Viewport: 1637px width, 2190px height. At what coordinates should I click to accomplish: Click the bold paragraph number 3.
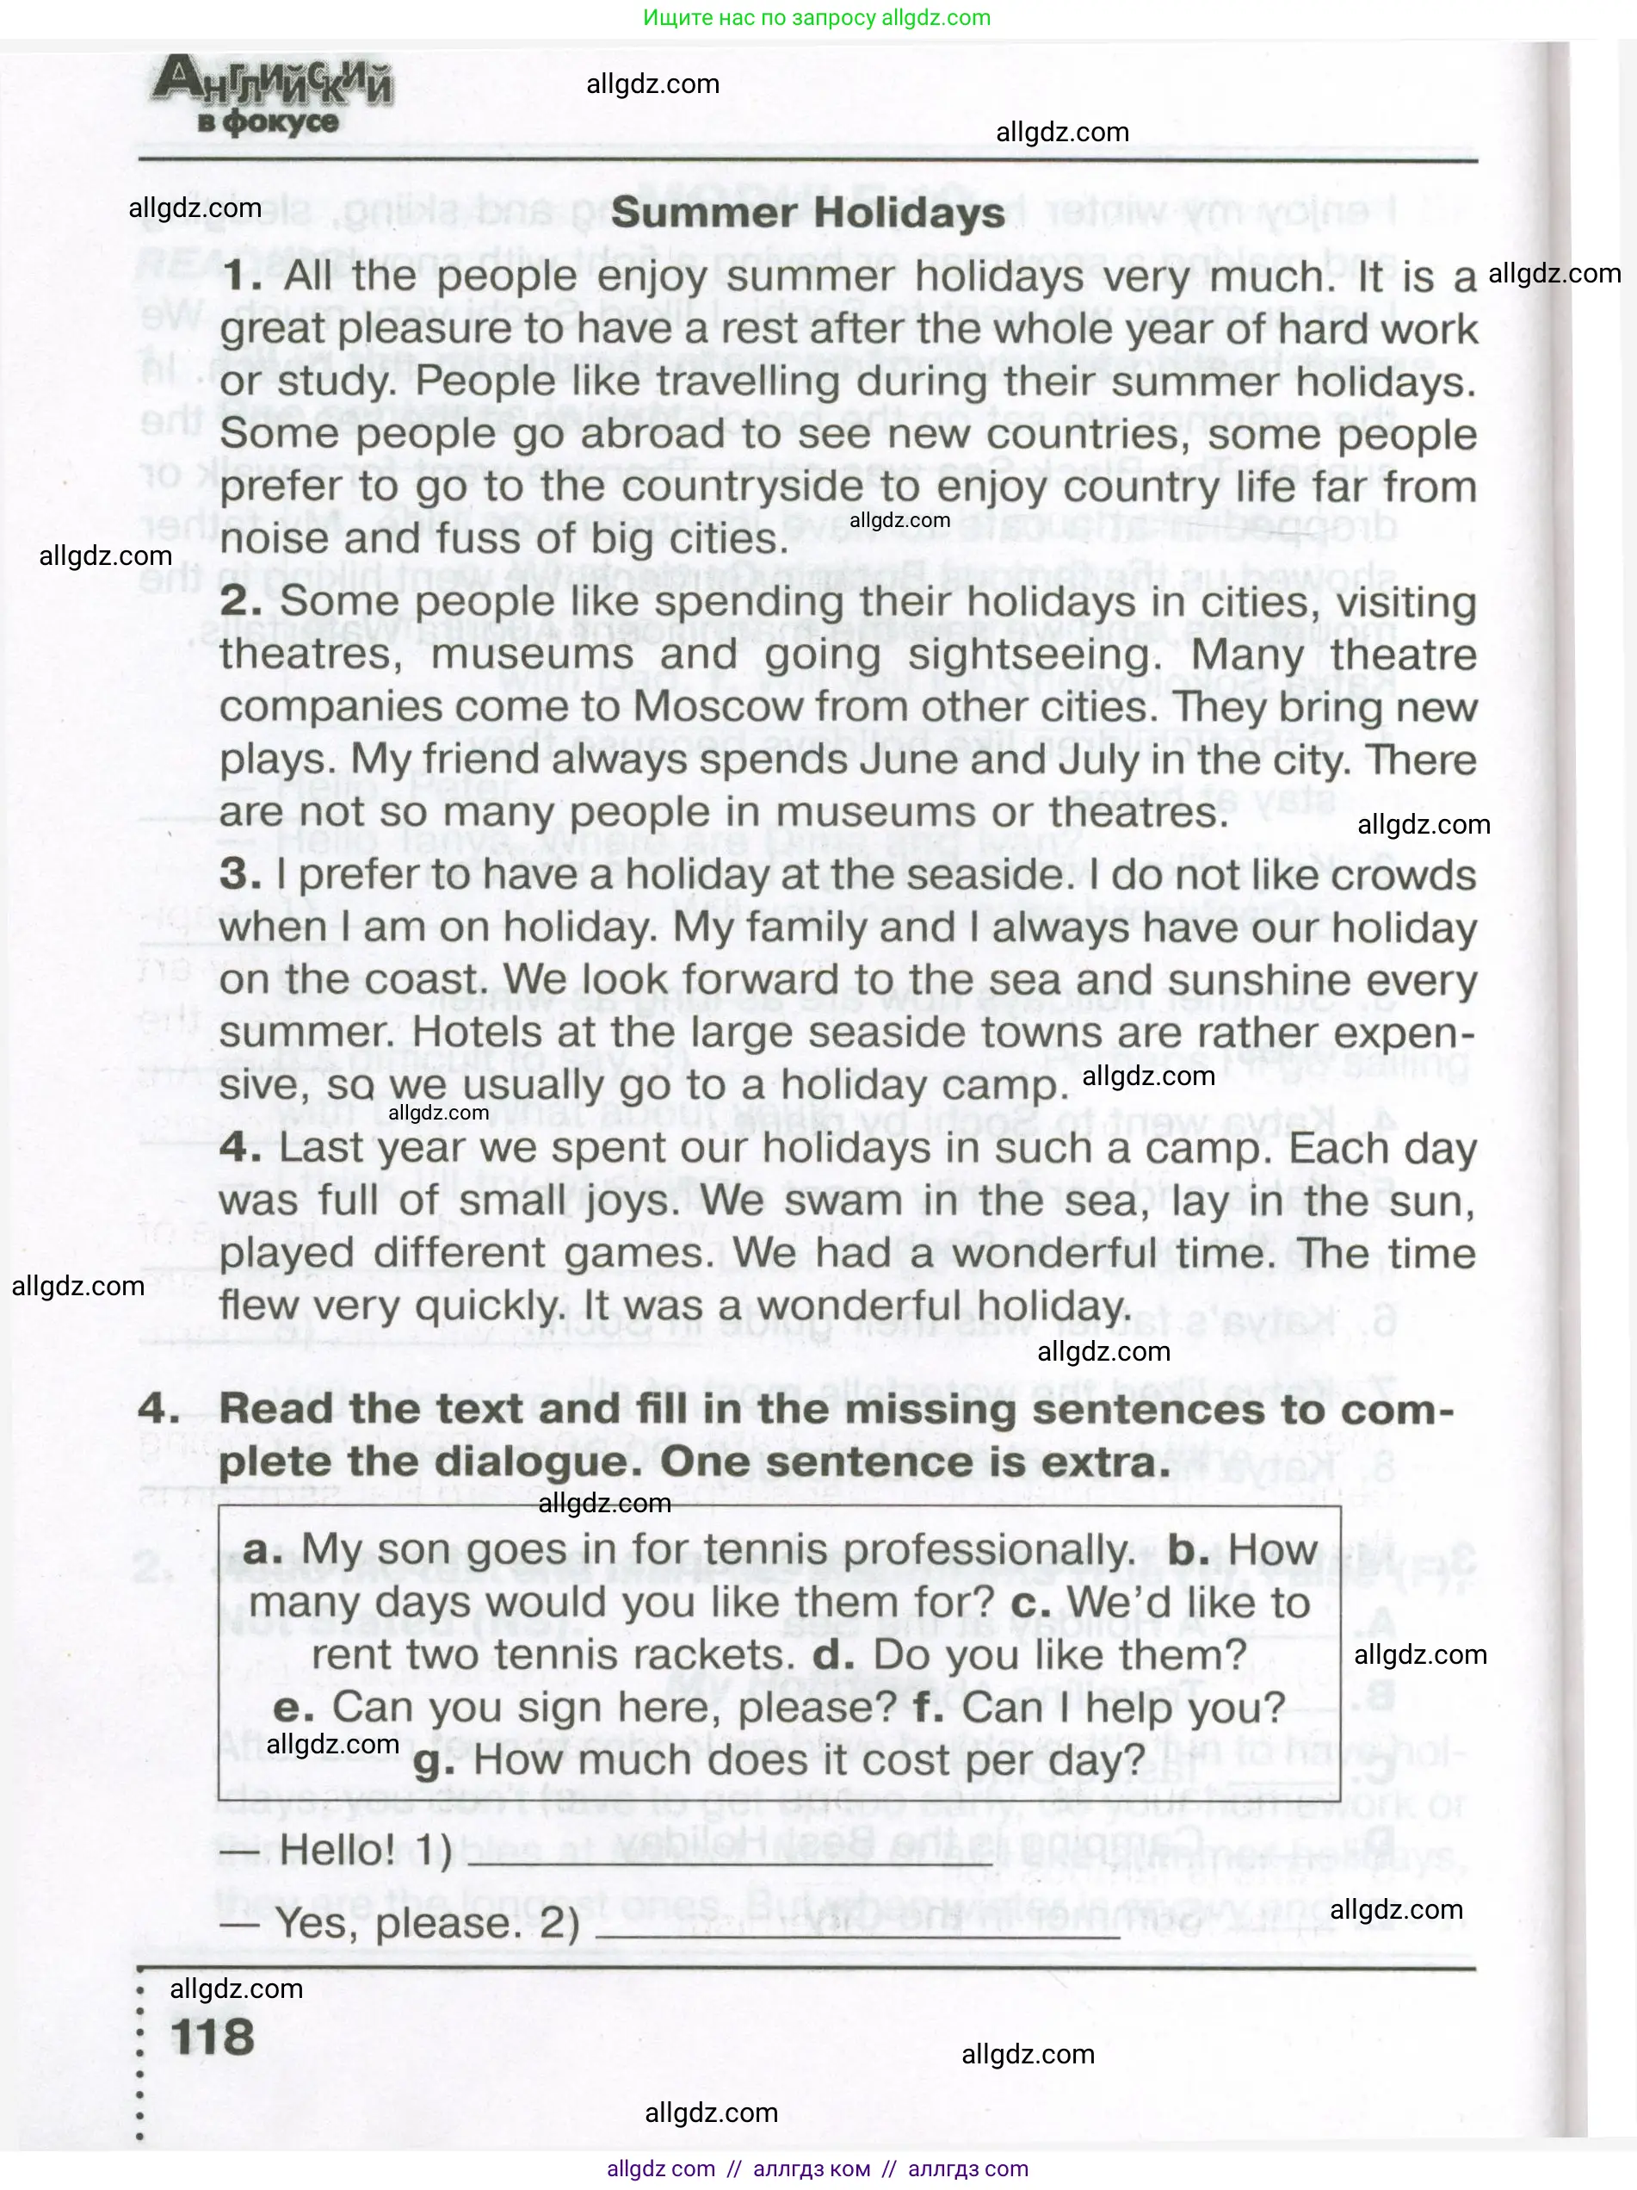pyautogui.click(x=240, y=874)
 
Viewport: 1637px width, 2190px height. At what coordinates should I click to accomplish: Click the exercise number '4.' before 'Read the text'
pyautogui.click(x=158, y=1410)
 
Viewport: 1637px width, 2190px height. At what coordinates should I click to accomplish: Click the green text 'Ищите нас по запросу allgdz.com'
pyautogui.click(x=817, y=18)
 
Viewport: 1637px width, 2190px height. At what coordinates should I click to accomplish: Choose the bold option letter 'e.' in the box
pyautogui.click(x=293, y=1708)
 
